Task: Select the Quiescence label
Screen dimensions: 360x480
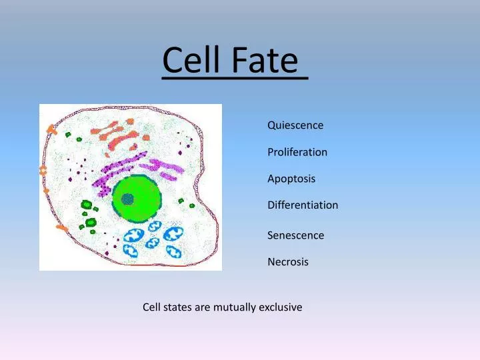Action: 295,125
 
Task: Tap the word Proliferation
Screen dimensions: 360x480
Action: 297,152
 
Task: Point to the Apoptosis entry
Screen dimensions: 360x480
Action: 291,179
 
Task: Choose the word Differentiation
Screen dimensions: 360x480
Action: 303,205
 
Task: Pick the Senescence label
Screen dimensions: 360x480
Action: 295,235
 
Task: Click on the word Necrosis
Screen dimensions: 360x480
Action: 288,262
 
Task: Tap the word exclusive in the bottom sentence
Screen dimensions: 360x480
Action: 280,307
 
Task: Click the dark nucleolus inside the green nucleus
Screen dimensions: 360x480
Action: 127,198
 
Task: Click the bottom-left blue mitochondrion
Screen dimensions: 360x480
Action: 130,250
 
